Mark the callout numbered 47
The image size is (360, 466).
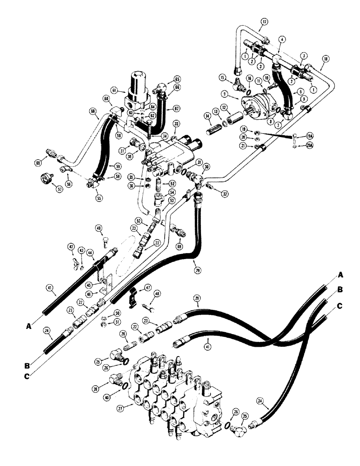[148, 288]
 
